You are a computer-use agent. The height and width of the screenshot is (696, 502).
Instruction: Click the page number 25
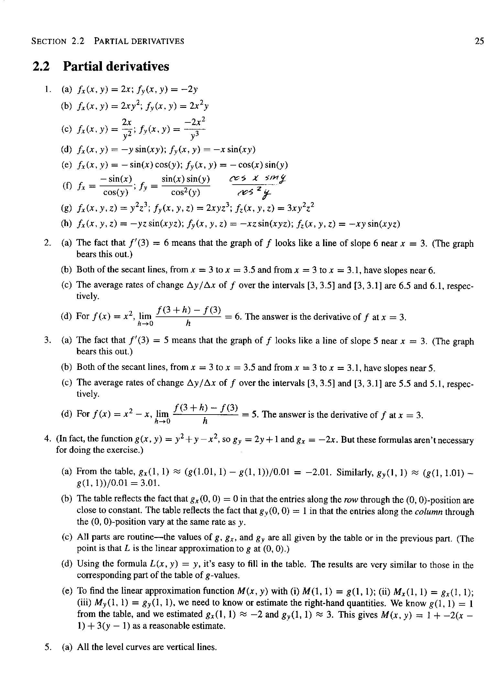click(x=479, y=41)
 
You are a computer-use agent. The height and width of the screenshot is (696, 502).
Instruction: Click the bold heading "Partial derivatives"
click(x=116, y=66)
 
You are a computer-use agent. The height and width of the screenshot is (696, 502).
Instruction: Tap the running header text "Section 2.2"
click(x=58, y=41)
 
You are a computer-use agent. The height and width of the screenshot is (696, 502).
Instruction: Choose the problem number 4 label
click(x=48, y=439)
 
